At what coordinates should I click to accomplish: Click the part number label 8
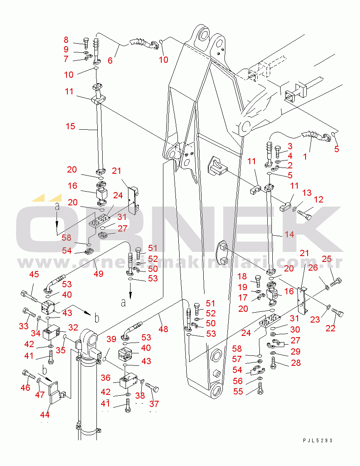[66, 40]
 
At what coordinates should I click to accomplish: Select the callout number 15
[70, 126]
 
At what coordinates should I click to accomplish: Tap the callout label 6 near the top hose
[110, 60]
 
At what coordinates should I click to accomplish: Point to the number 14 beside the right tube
[289, 234]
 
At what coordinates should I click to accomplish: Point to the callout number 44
[44, 414]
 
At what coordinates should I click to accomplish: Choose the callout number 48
[163, 329]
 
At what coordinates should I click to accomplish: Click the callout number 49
[98, 274]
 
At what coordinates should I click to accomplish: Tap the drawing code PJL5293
[318, 441]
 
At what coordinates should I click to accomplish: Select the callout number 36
[106, 377]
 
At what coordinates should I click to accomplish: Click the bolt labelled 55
[260, 390]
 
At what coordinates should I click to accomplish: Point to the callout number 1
[305, 157]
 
